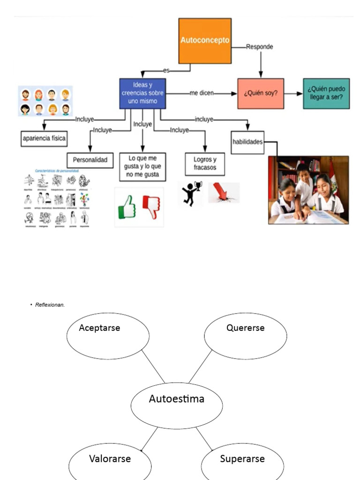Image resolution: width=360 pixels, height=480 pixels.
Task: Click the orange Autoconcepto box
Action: [205, 41]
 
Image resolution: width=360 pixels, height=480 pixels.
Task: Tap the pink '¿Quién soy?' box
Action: [261, 93]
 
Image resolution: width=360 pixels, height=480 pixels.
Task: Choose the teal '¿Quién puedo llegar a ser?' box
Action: [326, 93]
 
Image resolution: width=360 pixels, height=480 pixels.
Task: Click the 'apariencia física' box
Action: [45, 138]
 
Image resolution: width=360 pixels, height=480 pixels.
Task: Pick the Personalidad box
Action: [90, 160]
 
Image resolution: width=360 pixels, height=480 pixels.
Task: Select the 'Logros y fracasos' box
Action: [205, 163]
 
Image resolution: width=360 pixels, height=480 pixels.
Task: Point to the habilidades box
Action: [247, 142]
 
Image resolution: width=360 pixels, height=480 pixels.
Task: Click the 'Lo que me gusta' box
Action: [142, 167]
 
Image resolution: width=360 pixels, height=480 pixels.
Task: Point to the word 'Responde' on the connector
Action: [260, 47]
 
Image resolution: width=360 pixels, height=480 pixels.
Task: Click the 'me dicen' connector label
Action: [202, 93]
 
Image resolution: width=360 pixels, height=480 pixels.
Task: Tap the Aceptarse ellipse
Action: [108, 336]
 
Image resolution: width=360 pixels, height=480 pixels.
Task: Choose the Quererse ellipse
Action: [245, 336]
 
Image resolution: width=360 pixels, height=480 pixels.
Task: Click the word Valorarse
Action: [110, 459]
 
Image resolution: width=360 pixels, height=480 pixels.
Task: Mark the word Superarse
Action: [242, 459]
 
